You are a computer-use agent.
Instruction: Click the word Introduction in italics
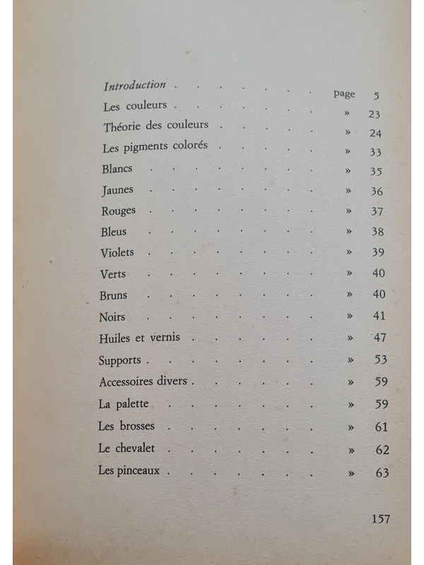coord(134,85)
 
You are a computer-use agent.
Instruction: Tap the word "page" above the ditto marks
coord(344,94)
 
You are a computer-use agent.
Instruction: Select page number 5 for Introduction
coord(376,95)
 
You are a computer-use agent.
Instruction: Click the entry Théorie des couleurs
coord(155,126)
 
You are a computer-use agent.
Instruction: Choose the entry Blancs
coord(117,169)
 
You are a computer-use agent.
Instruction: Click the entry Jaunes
coord(117,190)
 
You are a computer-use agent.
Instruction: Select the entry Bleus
coord(115,232)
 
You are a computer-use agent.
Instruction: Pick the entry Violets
coord(118,253)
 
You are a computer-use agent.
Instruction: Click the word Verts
coord(114,274)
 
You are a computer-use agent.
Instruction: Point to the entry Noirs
coord(113,317)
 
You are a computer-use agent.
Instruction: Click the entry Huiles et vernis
coord(140,338)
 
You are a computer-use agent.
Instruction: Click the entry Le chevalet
coord(126,448)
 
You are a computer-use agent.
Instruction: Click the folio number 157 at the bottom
coord(380,519)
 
